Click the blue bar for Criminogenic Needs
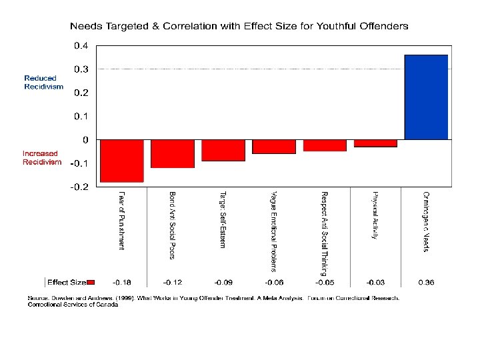[426, 97]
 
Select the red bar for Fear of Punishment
[122, 161]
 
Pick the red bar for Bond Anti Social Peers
[173, 153]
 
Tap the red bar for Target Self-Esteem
[223, 150]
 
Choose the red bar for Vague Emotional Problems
[274, 147]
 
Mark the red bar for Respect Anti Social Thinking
[325, 145]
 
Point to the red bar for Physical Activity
[375, 143]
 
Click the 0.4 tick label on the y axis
[80, 45]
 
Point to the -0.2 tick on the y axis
[79, 187]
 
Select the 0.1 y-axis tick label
[80, 116]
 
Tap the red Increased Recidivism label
[42, 157]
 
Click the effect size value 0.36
[426, 283]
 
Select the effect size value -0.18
[121, 283]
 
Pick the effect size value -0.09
[223, 283]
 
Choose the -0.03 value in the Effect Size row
[375, 283]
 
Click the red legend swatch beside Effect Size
[92, 283]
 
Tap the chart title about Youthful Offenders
[239, 26]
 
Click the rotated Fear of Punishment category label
[121, 221]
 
